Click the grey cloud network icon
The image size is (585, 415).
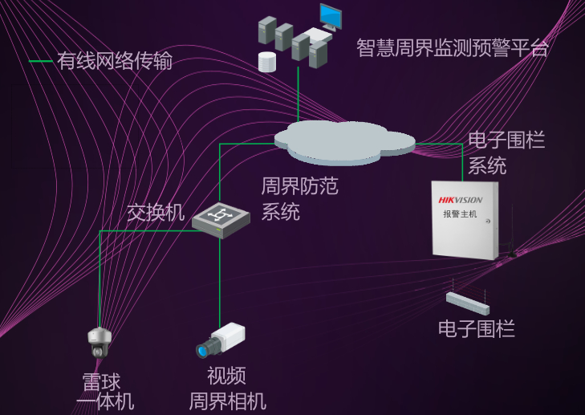coord(345,142)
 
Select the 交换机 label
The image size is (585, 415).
coord(156,213)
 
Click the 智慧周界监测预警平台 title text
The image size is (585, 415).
coord(453,47)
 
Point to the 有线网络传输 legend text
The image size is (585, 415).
coord(115,61)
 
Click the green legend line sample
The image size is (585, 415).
coord(40,61)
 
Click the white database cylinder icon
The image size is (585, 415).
coord(266,61)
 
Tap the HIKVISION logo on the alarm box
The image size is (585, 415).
coord(461,200)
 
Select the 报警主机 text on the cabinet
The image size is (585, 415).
coord(460,214)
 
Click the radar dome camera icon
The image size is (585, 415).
coord(99,342)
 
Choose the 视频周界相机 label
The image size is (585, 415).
coord(227,388)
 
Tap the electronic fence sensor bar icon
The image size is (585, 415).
coord(468,303)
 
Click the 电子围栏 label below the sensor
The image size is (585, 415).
coord(477,328)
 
